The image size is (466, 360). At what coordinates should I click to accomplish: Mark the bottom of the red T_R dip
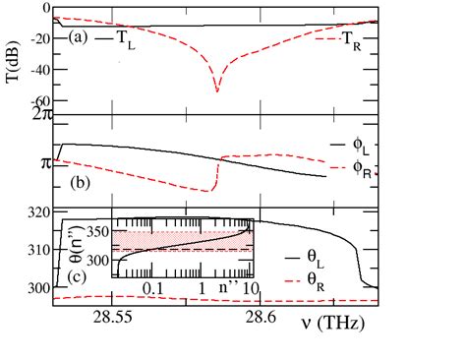pyautogui.click(x=217, y=91)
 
